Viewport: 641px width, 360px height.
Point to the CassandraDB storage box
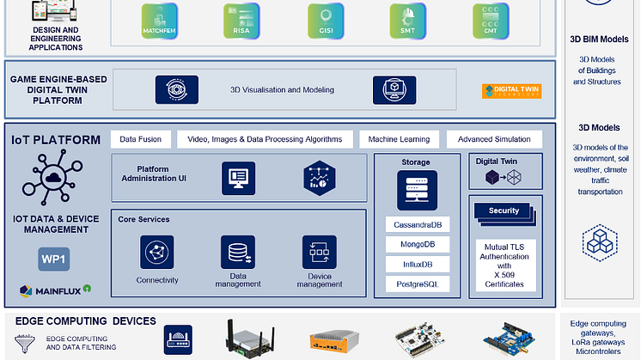click(x=417, y=225)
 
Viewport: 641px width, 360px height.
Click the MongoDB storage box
click(x=417, y=244)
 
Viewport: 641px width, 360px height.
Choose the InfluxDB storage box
click(x=417, y=264)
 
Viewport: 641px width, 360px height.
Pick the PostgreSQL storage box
click(x=417, y=283)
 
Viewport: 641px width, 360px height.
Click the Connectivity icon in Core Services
click(x=157, y=253)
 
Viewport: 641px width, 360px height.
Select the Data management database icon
click(x=238, y=253)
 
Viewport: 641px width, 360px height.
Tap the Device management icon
click(x=319, y=253)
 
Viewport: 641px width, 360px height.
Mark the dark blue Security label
click(x=504, y=211)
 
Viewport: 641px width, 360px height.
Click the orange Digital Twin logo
click(x=512, y=89)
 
